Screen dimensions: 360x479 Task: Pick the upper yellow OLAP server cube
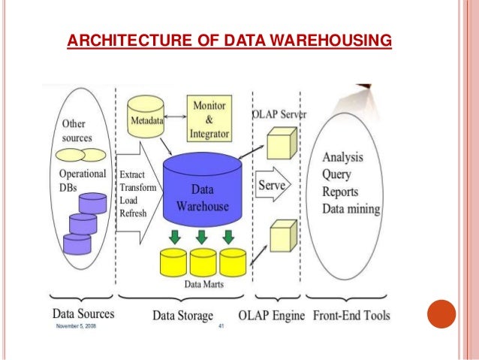[283, 142]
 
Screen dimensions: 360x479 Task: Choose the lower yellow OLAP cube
[283, 235]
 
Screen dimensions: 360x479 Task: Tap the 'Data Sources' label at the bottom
[83, 315]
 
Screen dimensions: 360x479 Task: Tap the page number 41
[221, 328]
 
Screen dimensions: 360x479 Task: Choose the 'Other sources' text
[73, 130]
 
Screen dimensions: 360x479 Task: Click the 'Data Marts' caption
[203, 284]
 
